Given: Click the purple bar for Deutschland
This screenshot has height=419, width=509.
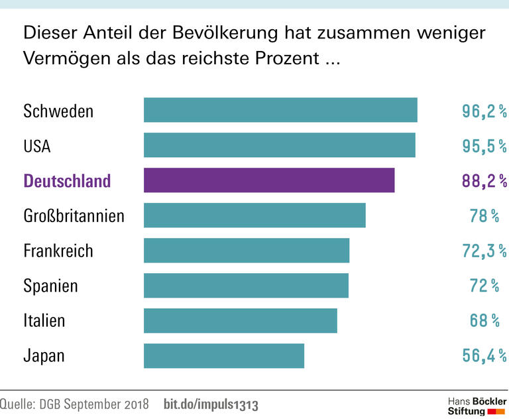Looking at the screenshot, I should click(269, 180).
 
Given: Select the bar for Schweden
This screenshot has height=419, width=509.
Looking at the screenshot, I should click(280, 110).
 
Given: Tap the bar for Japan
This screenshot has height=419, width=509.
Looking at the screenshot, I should click(224, 355).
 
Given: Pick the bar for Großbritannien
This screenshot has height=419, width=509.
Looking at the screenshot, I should click(254, 215).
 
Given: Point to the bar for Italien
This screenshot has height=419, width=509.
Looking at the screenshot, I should click(241, 320).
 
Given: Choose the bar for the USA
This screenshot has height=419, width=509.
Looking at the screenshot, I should click(280, 145).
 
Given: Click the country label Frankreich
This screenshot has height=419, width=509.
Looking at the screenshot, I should click(58, 251).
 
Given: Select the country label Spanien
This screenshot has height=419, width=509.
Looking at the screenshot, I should click(50, 286).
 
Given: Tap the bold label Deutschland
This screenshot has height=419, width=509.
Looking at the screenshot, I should click(67, 181).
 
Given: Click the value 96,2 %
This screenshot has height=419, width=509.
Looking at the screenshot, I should click(484, 111).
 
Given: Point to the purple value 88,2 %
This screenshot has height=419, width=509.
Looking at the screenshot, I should click(484, 181).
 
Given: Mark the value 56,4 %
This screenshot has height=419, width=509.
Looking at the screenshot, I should click(484, 356).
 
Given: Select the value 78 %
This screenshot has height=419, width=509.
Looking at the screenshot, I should click(484, 215).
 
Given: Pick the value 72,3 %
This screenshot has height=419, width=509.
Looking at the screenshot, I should click(484, 251).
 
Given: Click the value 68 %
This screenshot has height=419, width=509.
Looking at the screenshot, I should click(484, 321).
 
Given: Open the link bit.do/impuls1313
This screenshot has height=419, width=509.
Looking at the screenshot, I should click(211, 404).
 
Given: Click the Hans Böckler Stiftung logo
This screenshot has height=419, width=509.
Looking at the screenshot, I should click(474, 406).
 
